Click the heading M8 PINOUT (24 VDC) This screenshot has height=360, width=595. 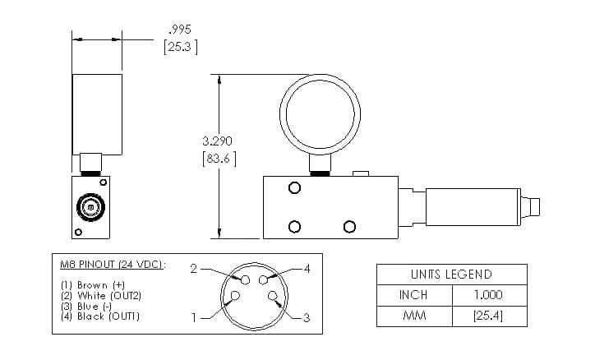[x=112, y=264]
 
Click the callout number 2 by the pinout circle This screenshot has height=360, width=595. [x=193, y=269]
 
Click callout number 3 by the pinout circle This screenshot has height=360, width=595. [x=306, y=320]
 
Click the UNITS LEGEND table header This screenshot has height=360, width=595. [x=451, y=275]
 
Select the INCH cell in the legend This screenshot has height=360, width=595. [x=413, y=294]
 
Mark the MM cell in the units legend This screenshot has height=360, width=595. [x=413, y=315]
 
